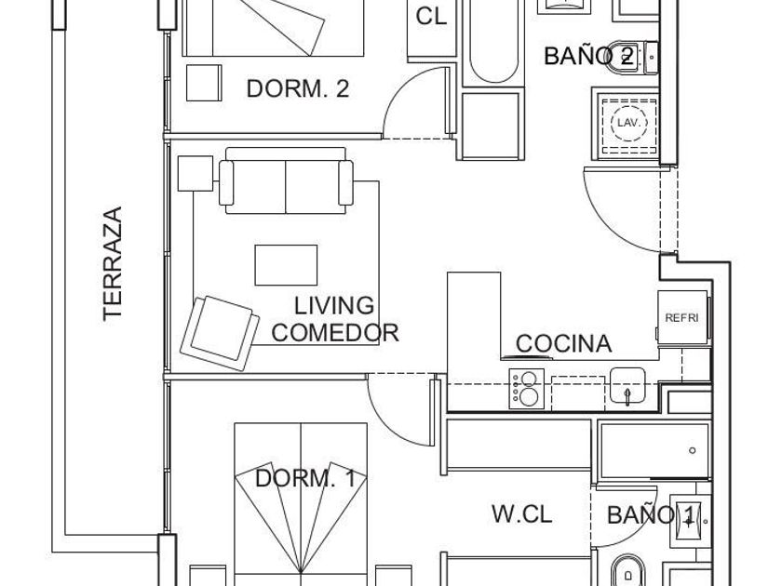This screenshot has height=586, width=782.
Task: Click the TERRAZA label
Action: coord(113,263)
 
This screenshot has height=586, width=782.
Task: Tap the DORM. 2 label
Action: coord(298,88)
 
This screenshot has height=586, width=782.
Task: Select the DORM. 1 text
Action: coord(305,478)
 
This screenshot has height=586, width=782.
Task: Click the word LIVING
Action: coord(333,305)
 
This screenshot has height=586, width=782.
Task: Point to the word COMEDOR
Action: coord(335,332)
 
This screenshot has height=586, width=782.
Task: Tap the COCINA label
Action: coord(563,343)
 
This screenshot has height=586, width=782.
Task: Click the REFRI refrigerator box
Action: coord(682,317)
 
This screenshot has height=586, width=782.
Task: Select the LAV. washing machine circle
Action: coord(629,123)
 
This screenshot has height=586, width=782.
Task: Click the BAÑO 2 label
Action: coord(589,56)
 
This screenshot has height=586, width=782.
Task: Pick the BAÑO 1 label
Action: coord(651,514)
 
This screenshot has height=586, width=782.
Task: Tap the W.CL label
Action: coord(521,513)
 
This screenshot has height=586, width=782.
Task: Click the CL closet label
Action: coord(431,16)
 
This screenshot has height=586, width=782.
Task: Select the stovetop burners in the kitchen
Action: coord(527,389)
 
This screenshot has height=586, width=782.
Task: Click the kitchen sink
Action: coord(627,386)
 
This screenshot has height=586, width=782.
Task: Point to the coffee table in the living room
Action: coord(287,265)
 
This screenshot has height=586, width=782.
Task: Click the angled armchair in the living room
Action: coord(220,333)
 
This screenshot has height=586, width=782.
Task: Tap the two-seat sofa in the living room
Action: coord(286,180)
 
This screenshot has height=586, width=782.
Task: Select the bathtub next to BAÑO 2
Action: coord(493,42)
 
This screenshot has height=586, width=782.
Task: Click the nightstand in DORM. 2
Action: coord(204,83)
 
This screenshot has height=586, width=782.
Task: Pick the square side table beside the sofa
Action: coord(195,173)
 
